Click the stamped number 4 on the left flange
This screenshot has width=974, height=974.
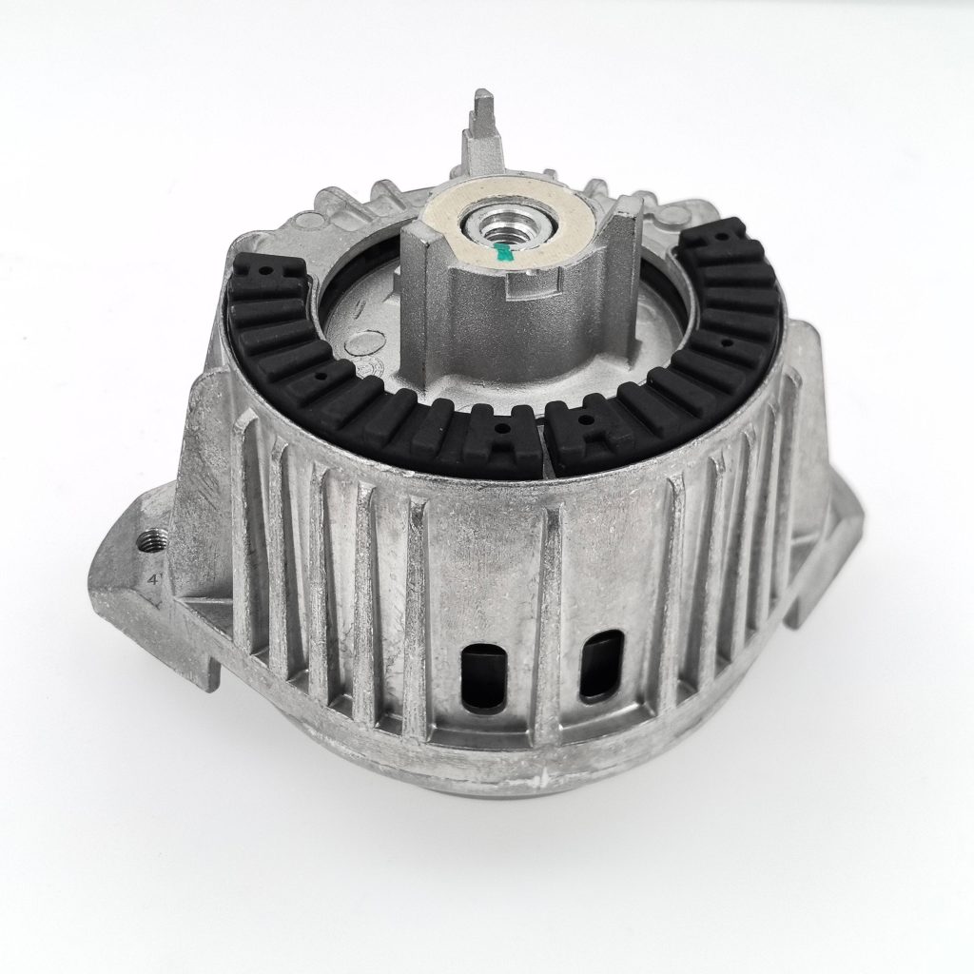pos(150,577)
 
